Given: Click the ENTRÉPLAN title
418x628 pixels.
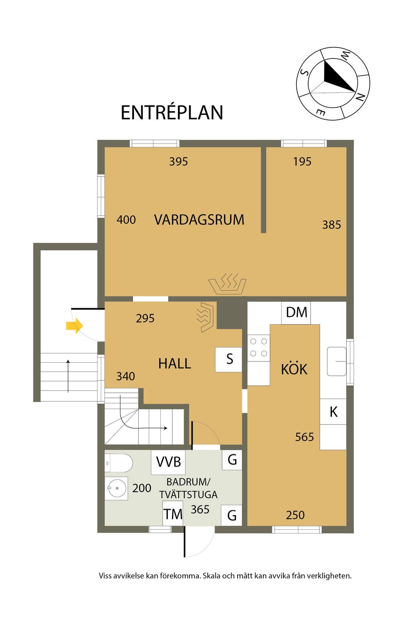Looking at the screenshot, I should click(x=172, y=113).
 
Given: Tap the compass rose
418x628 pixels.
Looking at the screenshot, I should click(x=334, y=84).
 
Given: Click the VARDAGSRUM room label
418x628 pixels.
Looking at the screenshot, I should click(x=199, y=220).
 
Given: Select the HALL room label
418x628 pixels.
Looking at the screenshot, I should click(x=175, y=363).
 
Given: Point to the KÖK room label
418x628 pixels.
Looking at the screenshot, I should click(x=294, y=369).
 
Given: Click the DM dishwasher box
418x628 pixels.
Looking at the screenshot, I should click(x=296, y=313).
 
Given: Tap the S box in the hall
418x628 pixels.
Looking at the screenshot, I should click(x=229, y=359).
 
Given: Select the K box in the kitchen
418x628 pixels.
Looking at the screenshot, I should click(x=333, y=412).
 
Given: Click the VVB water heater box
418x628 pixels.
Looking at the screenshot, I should click(x=169, y=462).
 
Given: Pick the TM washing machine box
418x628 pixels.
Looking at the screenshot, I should click(x=173, y=514).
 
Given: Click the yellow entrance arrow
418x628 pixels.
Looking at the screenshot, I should click(x=74, y=326).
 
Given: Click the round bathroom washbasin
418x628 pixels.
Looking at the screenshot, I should click(x=116, y=488).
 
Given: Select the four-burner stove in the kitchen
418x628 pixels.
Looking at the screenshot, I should click(x=259, y=348).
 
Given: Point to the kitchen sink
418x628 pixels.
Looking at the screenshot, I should click(x=336, y=361).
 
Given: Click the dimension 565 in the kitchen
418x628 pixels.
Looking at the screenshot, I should click(x=305, y=437).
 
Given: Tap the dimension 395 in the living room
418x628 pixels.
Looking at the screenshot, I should click(x=178, y=162).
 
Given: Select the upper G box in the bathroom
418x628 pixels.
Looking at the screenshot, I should click(x=232, y=460).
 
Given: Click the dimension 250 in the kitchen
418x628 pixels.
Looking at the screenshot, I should click(x=295, y=515).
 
